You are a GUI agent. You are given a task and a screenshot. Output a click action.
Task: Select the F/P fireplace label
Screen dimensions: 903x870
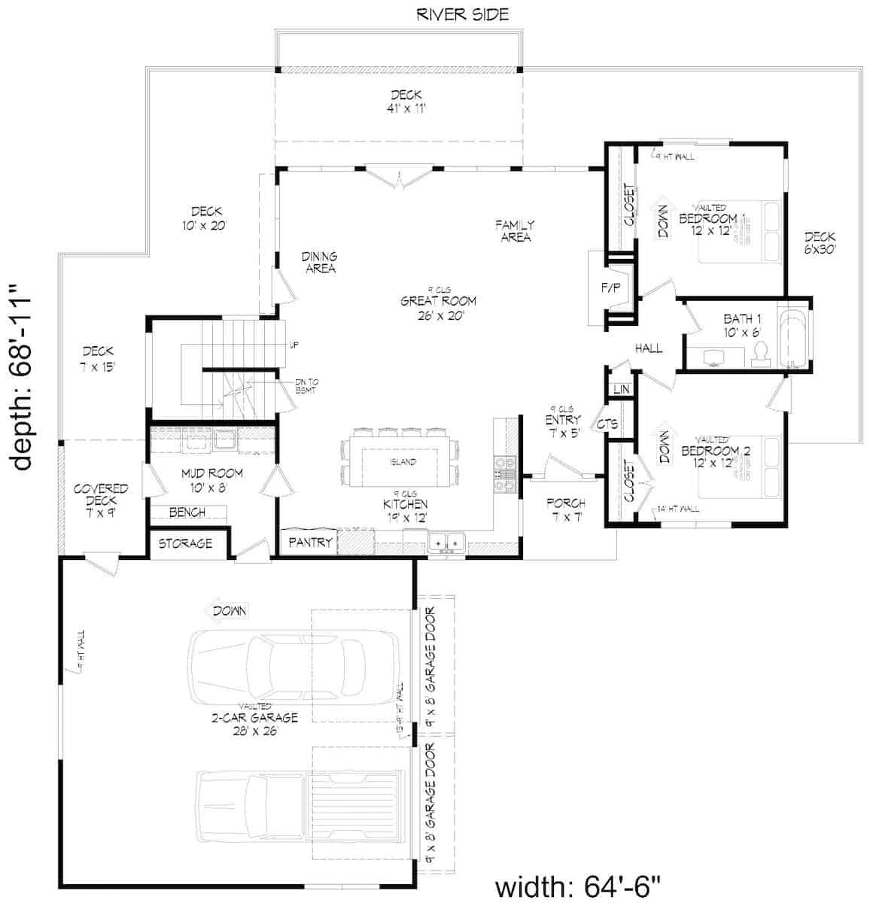click(607, 287)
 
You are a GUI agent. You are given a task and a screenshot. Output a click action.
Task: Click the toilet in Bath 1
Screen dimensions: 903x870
click(760, 352)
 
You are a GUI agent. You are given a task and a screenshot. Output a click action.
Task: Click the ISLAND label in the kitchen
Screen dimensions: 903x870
click(403, 462)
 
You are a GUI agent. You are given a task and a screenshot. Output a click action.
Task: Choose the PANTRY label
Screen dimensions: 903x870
click(310, 542)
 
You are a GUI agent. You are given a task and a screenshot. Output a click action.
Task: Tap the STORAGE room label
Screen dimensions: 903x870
click(185, 543)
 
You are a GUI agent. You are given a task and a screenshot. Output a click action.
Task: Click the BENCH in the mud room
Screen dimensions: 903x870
click(187, 513)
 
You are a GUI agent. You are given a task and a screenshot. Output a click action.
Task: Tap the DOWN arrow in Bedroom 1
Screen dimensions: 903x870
click(663, 221)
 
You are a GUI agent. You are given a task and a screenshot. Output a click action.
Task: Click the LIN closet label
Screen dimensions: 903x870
click(621, 389)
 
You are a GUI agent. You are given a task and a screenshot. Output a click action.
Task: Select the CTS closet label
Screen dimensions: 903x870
click(607, 424)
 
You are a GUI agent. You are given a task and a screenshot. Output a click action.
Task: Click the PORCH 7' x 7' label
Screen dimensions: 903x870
click(566, 509)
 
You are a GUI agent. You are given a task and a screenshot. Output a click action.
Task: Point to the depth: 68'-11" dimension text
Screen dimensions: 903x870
click(25, 375)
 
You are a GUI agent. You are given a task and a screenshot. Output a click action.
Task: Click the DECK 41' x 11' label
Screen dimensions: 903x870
click(406, 102)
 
